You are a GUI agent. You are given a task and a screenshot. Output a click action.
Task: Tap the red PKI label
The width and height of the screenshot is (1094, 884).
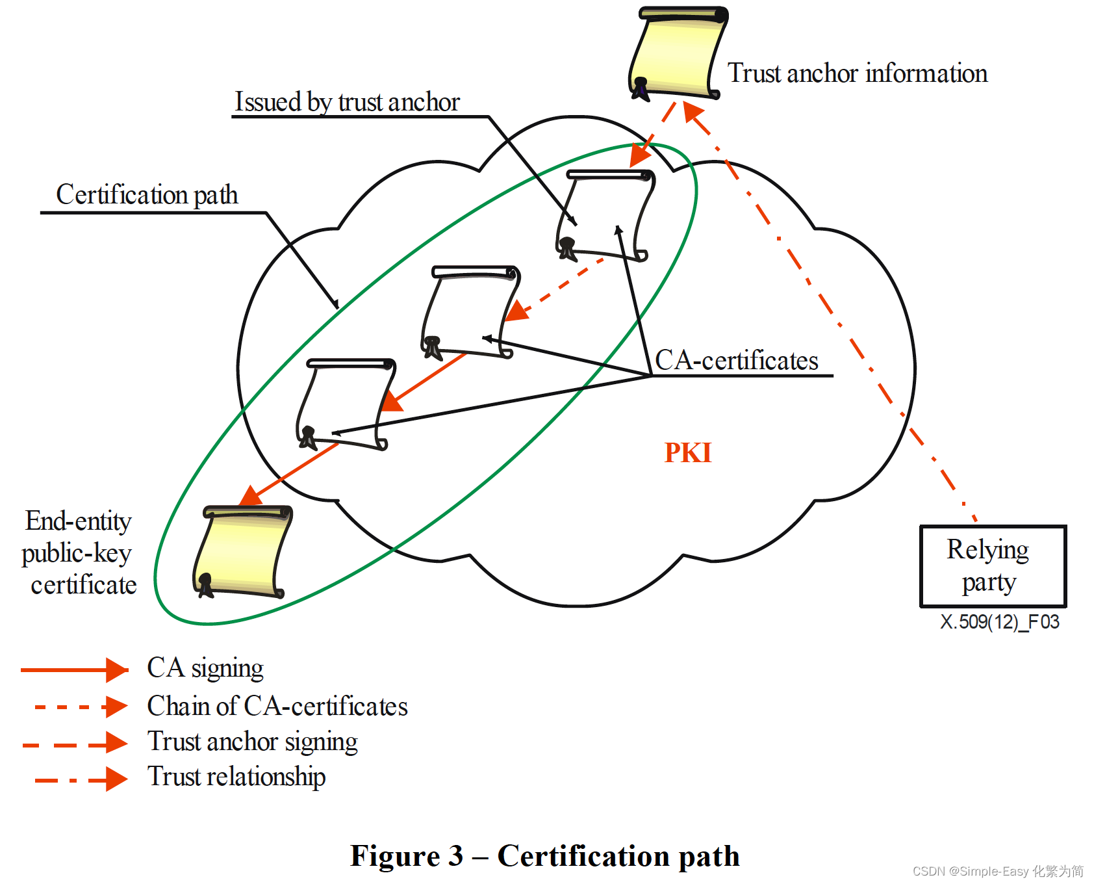(x=688, y=452)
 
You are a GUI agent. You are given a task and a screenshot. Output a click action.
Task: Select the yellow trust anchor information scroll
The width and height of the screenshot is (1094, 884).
(x=678, y=53)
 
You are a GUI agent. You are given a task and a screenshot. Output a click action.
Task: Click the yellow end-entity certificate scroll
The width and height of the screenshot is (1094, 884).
(x=242, y=552)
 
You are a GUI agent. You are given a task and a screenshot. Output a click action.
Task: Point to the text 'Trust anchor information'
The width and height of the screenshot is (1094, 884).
(x=858, y=73)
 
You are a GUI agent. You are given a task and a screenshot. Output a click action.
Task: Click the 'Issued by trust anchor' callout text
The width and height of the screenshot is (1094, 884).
(x=347, y=102)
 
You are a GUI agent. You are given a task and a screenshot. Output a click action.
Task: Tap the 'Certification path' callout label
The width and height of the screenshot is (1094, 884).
(x=147, y=194)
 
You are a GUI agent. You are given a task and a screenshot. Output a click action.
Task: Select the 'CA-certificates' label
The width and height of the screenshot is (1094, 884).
(x=737, y=360)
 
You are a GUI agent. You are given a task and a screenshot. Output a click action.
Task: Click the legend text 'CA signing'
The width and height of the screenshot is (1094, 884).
(x=205, y=668)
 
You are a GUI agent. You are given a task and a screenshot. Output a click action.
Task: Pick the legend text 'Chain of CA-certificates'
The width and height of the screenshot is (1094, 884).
(x=277, y=706)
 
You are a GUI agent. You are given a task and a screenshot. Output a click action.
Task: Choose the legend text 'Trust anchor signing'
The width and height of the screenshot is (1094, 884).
(x=252, y=742)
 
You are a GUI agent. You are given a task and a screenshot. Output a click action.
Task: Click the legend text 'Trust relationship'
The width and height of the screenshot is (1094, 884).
(x=236, y=777)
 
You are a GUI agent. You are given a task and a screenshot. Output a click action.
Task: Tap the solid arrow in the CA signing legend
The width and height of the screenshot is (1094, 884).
(x=74, y=669)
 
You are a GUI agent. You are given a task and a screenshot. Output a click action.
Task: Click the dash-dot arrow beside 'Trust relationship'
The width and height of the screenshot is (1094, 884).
(x=81, y=779)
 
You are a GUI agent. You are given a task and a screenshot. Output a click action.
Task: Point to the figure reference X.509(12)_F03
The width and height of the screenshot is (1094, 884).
(x=1000, y=622)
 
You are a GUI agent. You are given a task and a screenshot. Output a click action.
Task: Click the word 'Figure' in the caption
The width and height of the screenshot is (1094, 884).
(x=394, y=855)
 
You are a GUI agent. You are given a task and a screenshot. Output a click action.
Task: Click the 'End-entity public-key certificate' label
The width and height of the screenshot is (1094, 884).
(x=79, y=552)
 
